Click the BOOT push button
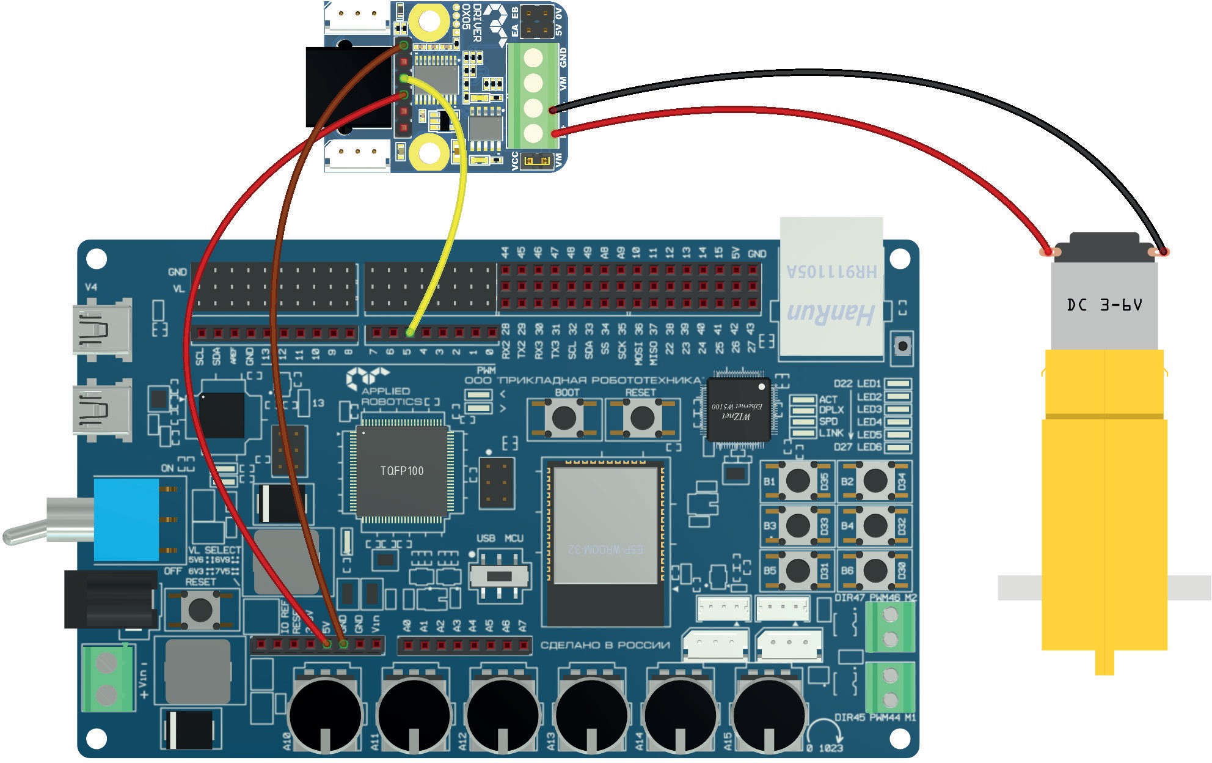pyautogui.click(x=563, y=419)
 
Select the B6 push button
pyautogui.click(x=875, y=570)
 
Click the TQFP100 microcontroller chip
pyautogui.click(x=402, y=471)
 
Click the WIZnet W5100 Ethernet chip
pyautogui.click(x=738, y=410)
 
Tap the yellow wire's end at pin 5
pyautogui.click(x=410, y=333)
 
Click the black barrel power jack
pyautogui.click(x=111, y=599)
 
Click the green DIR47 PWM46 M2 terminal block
pyautogui.click(x=891, y=626)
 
